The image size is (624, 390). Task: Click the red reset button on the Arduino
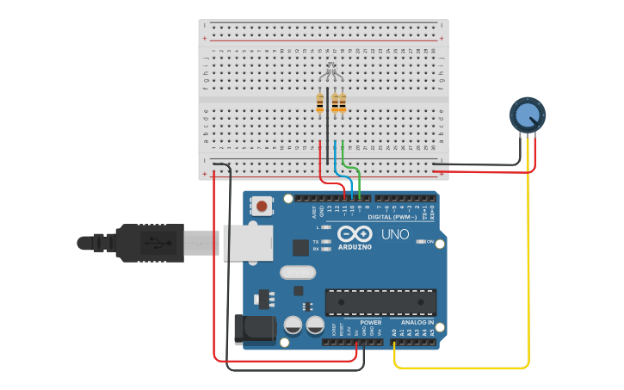pyautogui.click(x=261, y=205)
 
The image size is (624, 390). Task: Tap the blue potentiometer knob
pyautogui.click(x=527, y=114)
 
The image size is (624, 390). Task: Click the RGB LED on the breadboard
pyautogui.click(x=331, y=72)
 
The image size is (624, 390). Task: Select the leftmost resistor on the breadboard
pyautogui.click(x=320, y=103)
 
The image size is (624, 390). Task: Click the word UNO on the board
pyautogui.click(x=395, y=234)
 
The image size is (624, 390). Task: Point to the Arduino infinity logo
pyautogui.click(x=355, y=234)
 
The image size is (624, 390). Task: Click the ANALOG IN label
pyautogui.click(x=417, y=322)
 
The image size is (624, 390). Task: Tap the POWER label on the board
pyautogui.click(x=371, y=322)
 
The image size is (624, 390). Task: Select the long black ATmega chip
pyautogui.click(x=380, y=301)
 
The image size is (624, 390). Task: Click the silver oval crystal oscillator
pyautogui.click(x=294, y=272)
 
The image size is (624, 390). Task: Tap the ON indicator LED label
pyautogui.click(x=429, y=242)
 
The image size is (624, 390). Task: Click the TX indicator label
pyautogui.click(x=316, y=241)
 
